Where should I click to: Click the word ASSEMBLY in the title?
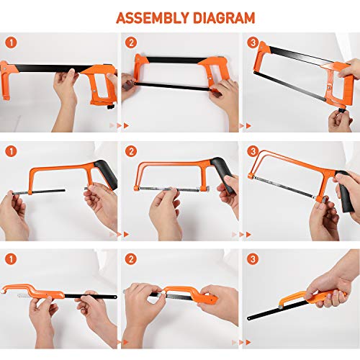click(x=149, y=17)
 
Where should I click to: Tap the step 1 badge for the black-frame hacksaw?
click(x=9, y=42)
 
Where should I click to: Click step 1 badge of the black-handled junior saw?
click(x=9, y=152)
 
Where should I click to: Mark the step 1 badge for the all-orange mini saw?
click(x=9, y=258)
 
